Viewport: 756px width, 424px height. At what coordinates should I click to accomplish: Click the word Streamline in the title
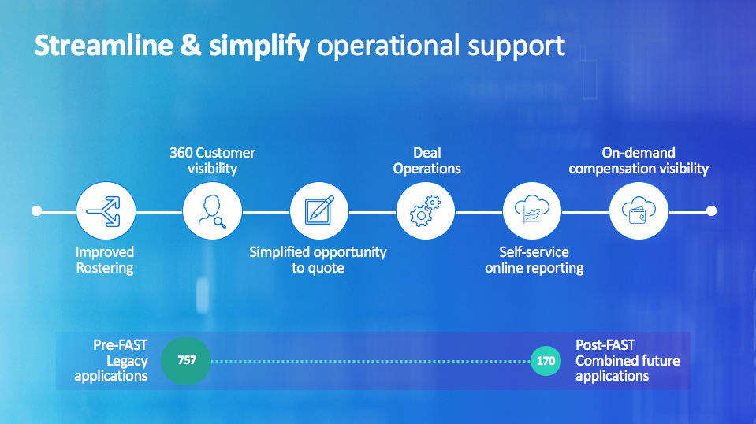[x=103, y=46]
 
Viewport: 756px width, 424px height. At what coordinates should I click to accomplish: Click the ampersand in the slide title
[x=191, y=46]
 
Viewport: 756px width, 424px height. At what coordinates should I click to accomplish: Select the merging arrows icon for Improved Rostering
[x=103, y=211]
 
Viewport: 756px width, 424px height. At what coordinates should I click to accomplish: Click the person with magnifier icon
[x=212, y=211]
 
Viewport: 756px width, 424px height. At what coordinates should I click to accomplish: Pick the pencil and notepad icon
[x=318, y=210]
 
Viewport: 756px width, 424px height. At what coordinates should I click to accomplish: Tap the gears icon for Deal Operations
[x=425, y=210]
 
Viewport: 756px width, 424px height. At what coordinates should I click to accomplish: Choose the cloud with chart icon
[x=532, y=209]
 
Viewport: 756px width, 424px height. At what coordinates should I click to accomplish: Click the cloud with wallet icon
[x=639, y=210]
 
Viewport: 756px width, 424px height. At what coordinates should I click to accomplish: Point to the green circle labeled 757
[x=186, y=360]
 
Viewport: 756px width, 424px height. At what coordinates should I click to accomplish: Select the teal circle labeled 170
[x=546, y=360]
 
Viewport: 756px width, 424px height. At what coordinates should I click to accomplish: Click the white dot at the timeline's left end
[x=36, y=210]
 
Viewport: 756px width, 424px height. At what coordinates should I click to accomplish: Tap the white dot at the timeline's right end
[x=711, y=210]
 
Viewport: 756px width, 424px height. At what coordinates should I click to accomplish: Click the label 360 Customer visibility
[x=212, y=161]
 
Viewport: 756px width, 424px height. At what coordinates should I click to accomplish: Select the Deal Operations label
[x=426, y=161]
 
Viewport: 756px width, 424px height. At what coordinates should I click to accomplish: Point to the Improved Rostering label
[x=105, y=260]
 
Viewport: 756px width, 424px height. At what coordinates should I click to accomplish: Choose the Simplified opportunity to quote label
[x=318, y=260]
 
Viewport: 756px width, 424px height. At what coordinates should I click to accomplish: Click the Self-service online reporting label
[x=534, y=260]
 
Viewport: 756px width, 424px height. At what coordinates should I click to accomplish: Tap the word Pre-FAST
[x=120, y=345]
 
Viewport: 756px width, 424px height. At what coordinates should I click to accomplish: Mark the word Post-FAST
[x=605, y=345]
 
